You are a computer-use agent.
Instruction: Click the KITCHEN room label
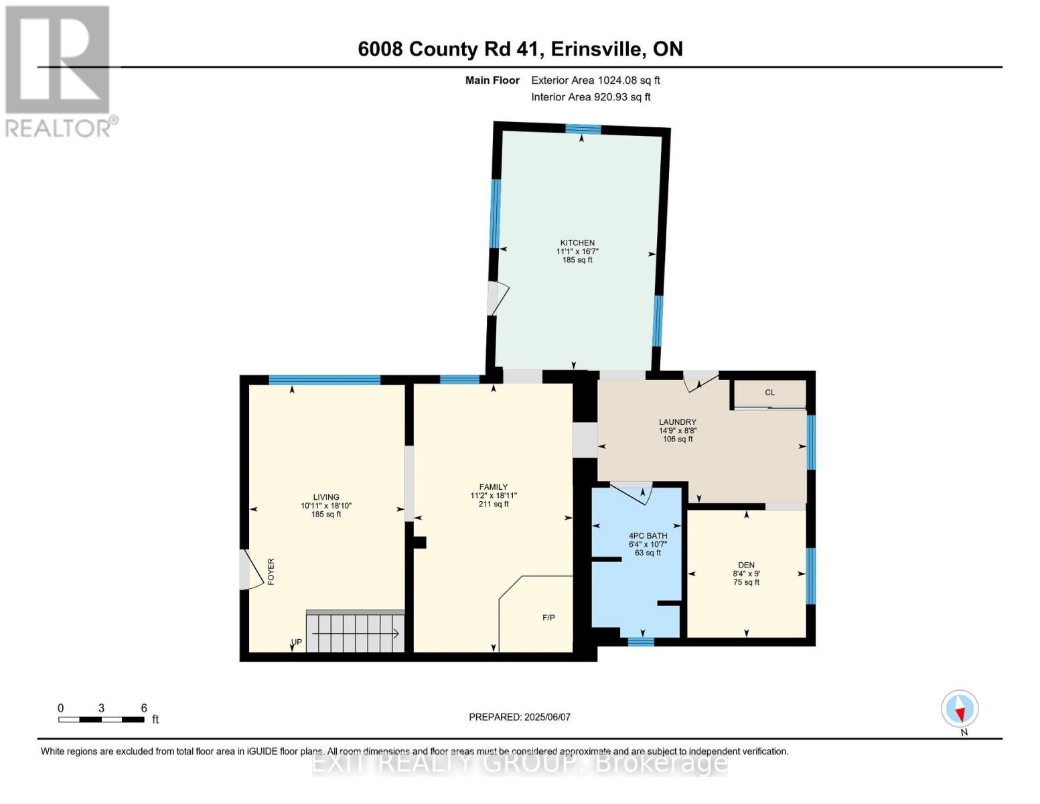pyautogui.click(x=577, y=243)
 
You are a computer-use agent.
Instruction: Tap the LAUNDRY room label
pyautogui.click(x=677, y=422)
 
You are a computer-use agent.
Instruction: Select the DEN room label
pyautogui.click(x=746, y=565)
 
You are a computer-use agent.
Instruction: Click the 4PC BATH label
pyautogui.click(x=648, y=536)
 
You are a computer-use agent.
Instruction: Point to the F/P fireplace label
pyautogui.click(x=548, y=618)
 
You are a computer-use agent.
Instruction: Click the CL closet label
pyautogui.click(x=770, y=393)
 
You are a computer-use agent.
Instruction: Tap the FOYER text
pyautogui.click(x=271, y=572)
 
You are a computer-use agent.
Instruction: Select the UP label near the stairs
pyautogui.click(x=297, y=642)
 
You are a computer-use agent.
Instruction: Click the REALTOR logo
pyautogui.click(x=58, y=70)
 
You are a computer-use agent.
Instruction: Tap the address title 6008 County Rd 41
pyautogui.click(x=520, y=49)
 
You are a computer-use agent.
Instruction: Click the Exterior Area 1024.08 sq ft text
pyautogui.click(x=595, y=80)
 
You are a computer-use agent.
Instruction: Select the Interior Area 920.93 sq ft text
pyautogui.click(x=591, y=97)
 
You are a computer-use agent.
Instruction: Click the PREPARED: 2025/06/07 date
pyautogui.click(x=520, y=717)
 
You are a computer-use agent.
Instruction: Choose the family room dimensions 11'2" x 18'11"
pyautogui.click(x=494, y=496)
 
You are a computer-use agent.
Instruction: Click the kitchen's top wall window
pyautogui.click(x=583, y=129)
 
